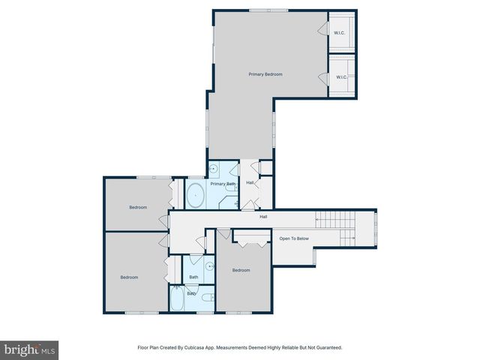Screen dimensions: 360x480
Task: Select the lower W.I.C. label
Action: pyautogui.click(x=341, y=76)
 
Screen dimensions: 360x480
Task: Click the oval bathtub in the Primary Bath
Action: pyautogui.click(x=195, y=196)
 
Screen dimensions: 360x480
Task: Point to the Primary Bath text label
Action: pyautogui.click(x=223, y=184)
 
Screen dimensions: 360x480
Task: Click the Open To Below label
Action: pyautogui.click(x=294, y=238)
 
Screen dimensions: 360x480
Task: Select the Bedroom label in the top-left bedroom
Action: pyautogui.click(x=138, y=207)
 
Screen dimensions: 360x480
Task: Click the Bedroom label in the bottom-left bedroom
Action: pyautogui.click(x=129, y=277)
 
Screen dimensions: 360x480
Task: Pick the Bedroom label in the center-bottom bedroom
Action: pyautogui.click(x=241, y=270)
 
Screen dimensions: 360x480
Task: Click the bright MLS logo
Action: pyautogui.click(x=29, y=349)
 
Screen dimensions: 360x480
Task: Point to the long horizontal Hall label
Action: pyautogui.click(x=263, y=217)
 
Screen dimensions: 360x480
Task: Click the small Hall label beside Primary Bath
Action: pyautogui.click(x=250, y=183)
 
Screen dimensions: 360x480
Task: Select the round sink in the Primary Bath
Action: pyautogui.click(x=213, y=168)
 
